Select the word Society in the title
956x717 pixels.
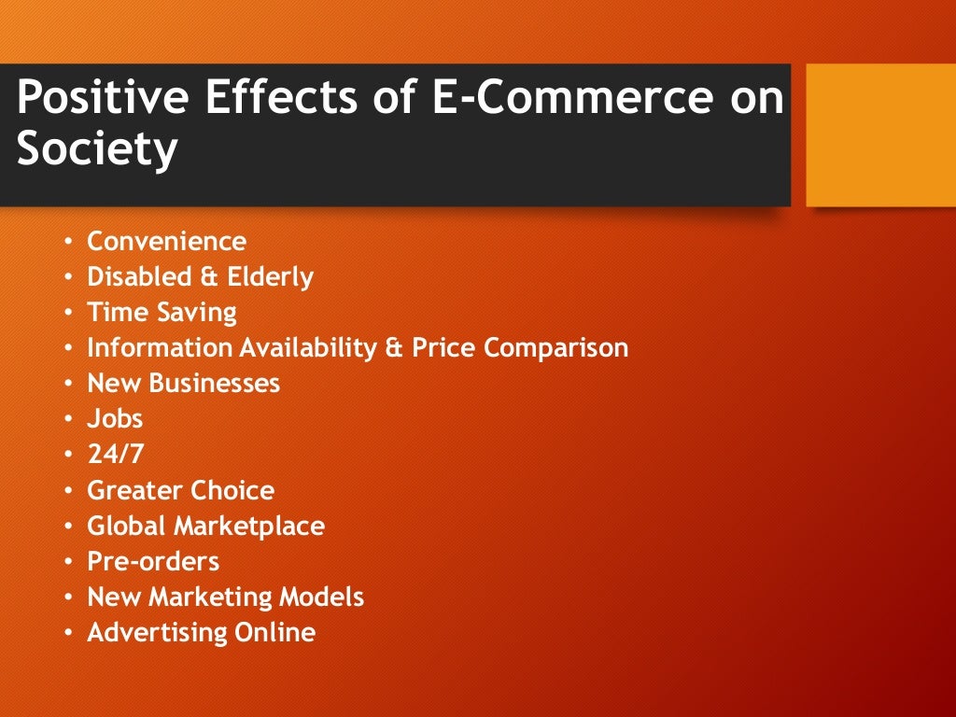[96, 149]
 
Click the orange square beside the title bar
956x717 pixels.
[879, 134]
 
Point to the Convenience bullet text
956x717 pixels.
[166, 242]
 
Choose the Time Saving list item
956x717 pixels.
[162, 313]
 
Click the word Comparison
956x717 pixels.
[555, 348]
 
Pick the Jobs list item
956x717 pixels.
[115, 419]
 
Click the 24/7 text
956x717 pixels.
[116, 455]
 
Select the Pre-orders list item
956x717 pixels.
[153, 562]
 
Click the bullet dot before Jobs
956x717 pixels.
[68, 420]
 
